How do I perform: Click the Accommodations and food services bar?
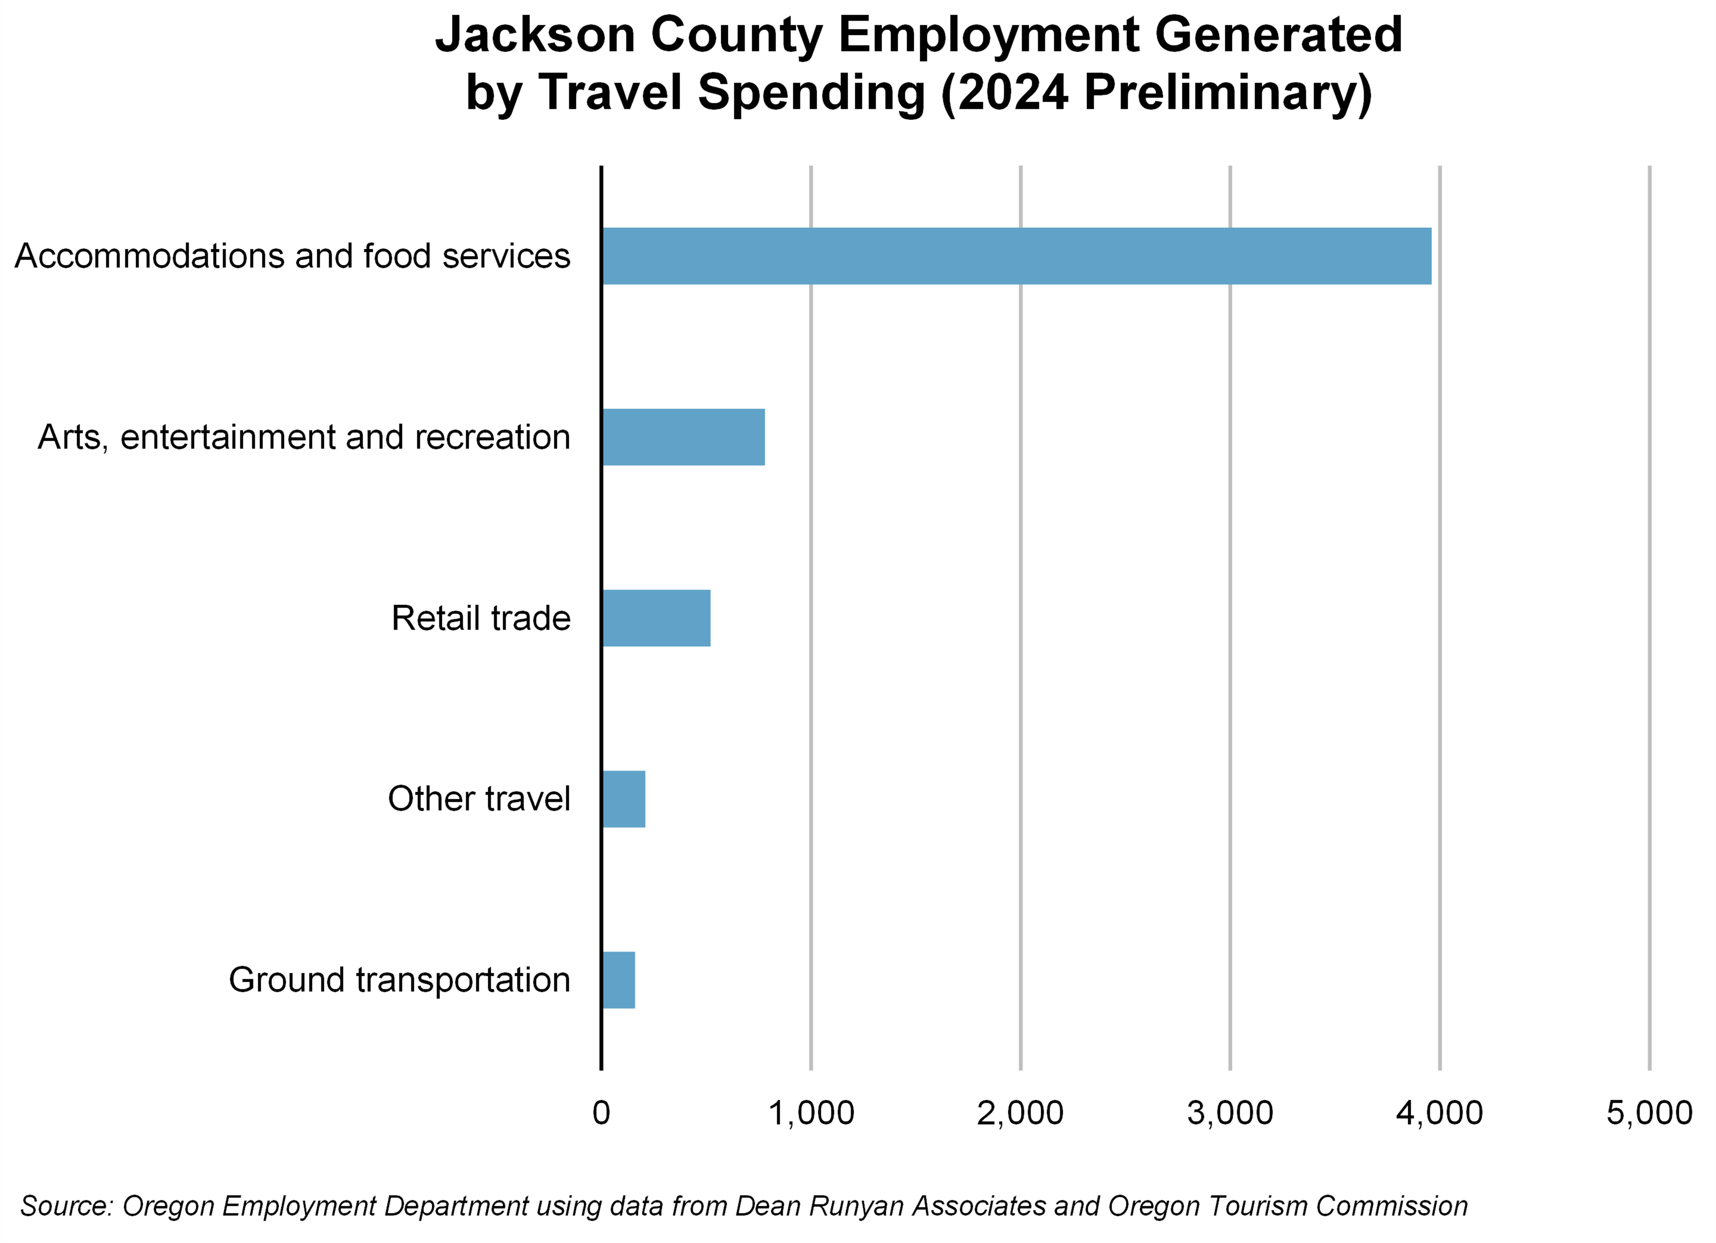click(x=1016, y=256)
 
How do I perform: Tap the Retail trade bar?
click(x=656, y=618)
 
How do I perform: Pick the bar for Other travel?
click(x=624, y=799)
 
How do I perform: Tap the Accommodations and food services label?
click(x=292, y=256)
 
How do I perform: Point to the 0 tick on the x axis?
click(x=602, y=1113)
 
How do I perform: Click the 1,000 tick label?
click(x=811, y=1113)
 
